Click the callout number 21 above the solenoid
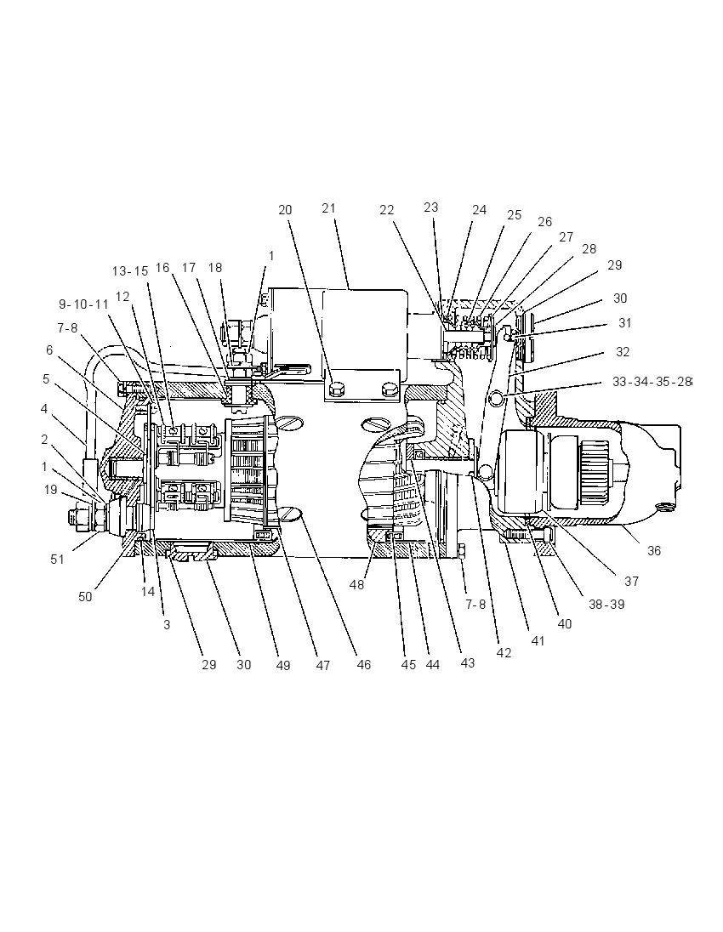[329, 208]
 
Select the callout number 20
[286, 210]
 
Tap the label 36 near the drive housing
[654, 551]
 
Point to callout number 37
[631, 581]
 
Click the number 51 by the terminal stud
[57, 559]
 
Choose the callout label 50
[86, 596]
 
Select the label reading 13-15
[130, 271]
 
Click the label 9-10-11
[84, 304]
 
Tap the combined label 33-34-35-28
[652, 382]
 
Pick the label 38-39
[606, 605]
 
